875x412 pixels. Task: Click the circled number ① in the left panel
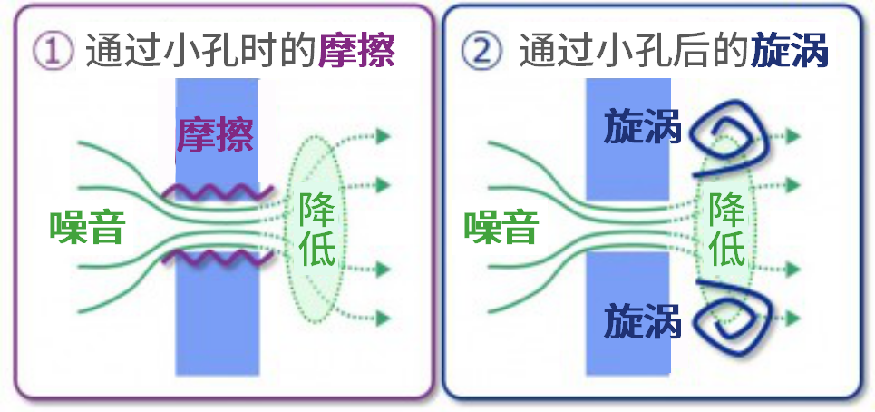coord(53,52)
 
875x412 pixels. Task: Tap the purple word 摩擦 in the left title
coord(357,51)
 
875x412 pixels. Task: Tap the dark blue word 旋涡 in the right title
coord(790,51)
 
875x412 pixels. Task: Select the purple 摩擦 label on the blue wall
coord(216,135)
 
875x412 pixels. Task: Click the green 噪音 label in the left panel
coord(86,228)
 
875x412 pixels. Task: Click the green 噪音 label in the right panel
coord(501,228)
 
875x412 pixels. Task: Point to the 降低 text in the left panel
coord(317,230)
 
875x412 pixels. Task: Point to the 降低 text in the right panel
coord(727,230)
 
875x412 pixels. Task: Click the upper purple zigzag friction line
coord(218,192)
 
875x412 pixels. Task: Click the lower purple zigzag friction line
coord(218,258)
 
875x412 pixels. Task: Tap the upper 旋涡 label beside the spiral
coord(643,128)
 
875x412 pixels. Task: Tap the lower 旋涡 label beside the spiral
coord(643,320)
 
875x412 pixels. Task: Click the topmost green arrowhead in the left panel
coord(383,135)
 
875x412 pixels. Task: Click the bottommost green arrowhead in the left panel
coord(383,319)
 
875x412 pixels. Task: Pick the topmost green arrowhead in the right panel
coord(793,135)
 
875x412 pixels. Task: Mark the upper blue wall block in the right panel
coord(627,139)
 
